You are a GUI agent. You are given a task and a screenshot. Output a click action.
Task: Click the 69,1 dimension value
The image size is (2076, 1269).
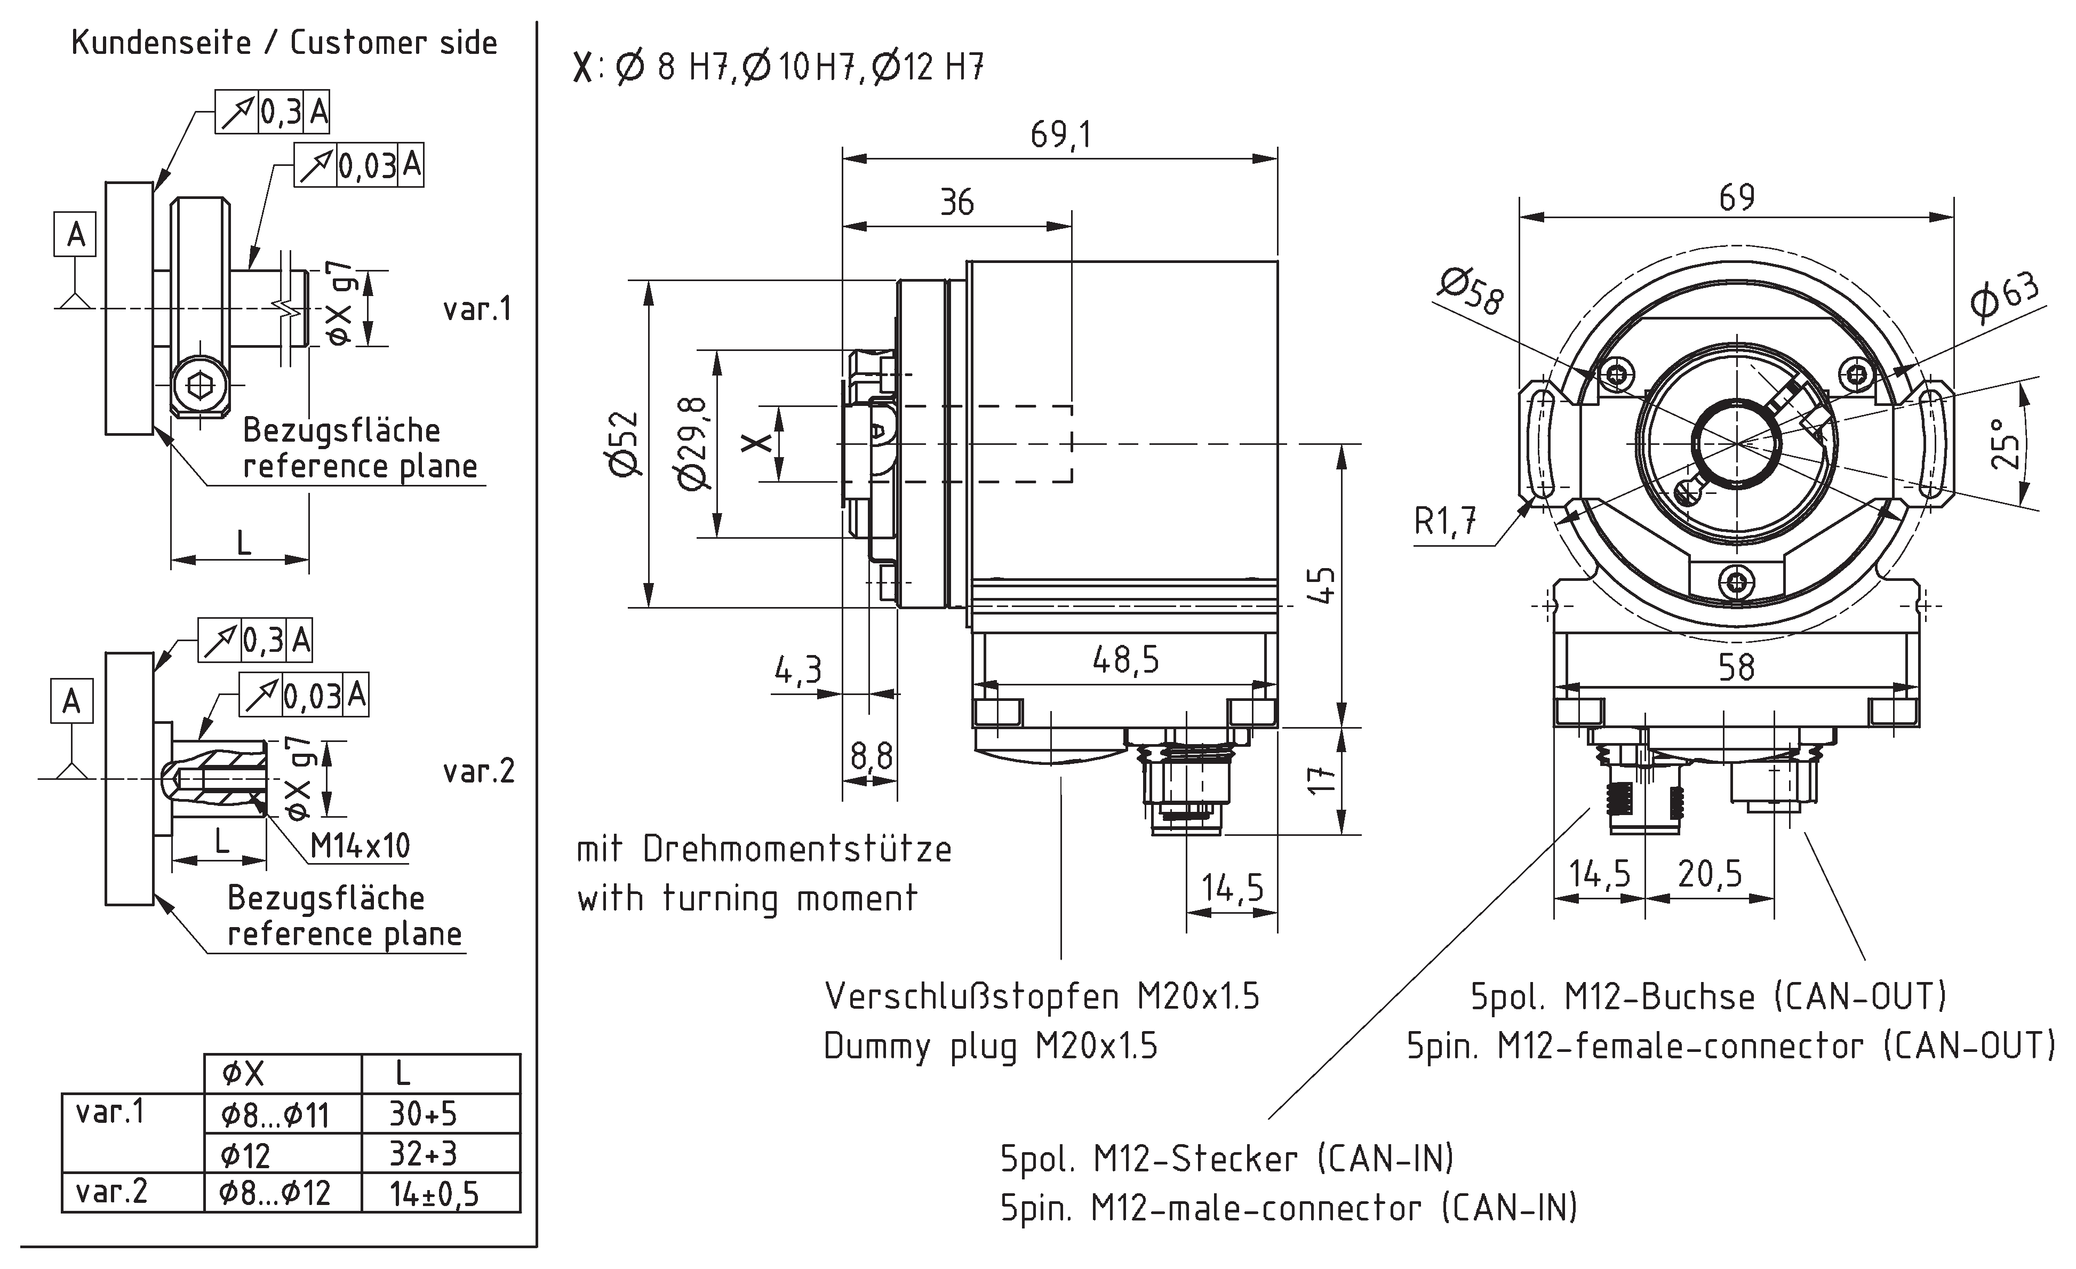[x=1060, y=135]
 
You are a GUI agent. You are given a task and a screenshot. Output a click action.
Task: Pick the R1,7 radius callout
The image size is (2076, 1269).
[x=1445, y=522]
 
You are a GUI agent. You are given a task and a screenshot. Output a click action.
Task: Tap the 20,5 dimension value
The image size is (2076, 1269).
[x=1710, y=874]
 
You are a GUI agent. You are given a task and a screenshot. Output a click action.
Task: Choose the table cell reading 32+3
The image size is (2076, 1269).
[x=423, y=1154]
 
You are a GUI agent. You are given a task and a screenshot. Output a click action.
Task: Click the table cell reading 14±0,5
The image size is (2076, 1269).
[x=433, y=1193]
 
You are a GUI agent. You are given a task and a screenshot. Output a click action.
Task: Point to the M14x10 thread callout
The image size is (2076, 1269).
[x=360, y=845]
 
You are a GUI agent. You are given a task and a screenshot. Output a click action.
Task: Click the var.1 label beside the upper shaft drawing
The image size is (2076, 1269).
[x=478, y=309]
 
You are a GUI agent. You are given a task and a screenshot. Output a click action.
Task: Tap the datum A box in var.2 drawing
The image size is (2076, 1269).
[x=71, y=701]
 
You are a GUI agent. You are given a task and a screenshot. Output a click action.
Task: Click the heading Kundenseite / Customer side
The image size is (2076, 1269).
[x=284, y=42]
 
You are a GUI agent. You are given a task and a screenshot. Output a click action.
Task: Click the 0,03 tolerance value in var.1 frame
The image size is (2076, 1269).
[x=368, y=166]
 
